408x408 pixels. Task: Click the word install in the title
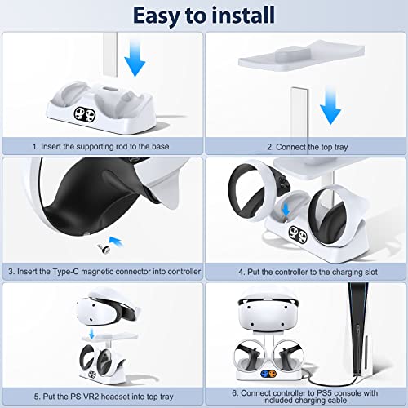click(x=250, y=16)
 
